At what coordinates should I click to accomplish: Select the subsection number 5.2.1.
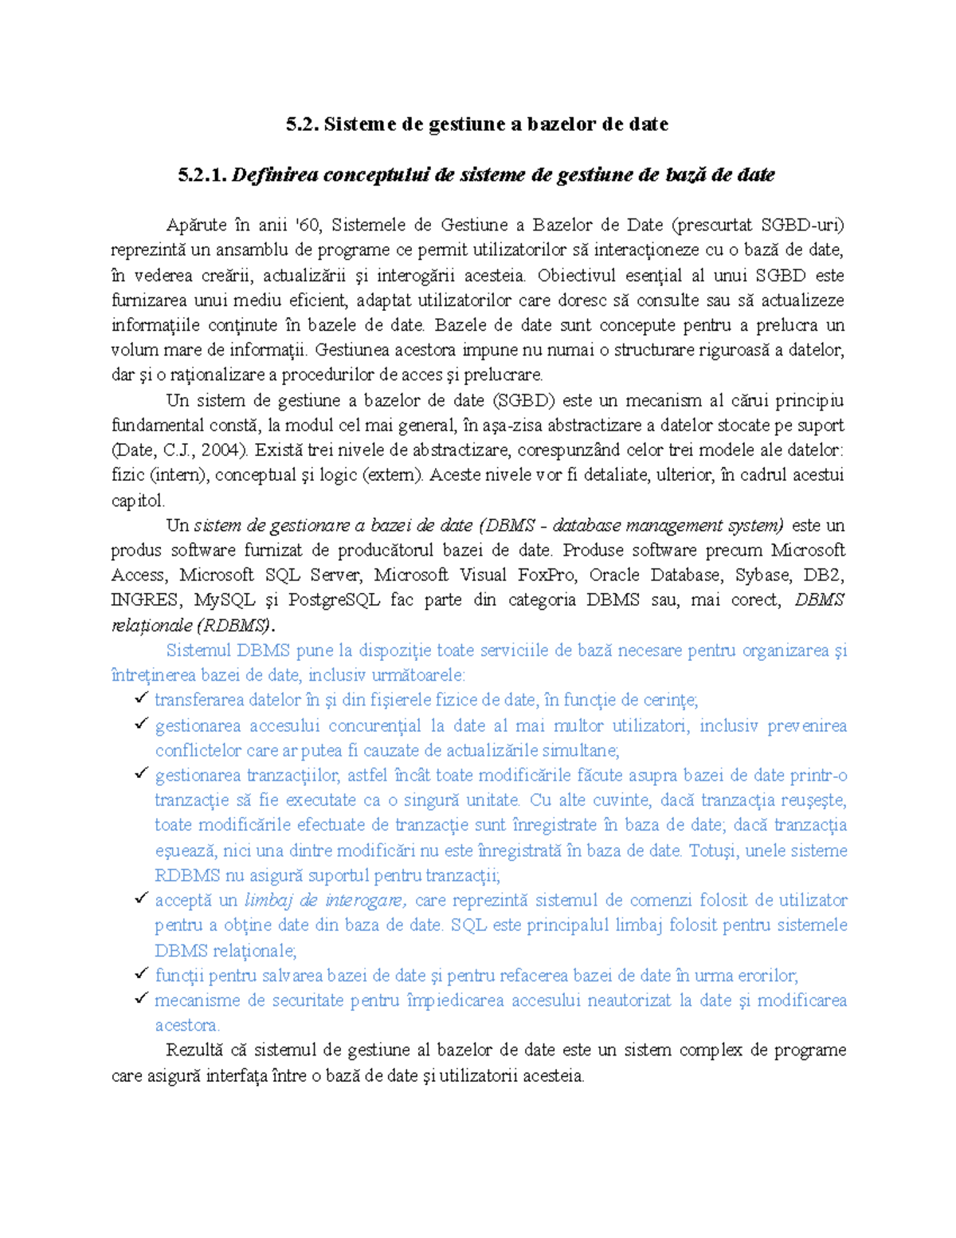[x=202, y=175]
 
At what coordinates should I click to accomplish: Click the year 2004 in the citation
[x=222, y=450]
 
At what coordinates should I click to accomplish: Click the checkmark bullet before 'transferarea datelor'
[x=141, y=698]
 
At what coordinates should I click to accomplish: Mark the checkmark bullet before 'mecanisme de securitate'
[x=141, y=998]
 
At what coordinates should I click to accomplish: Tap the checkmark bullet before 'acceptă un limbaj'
[x=141, y=898]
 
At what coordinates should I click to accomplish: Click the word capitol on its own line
[x=137, y=501]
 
